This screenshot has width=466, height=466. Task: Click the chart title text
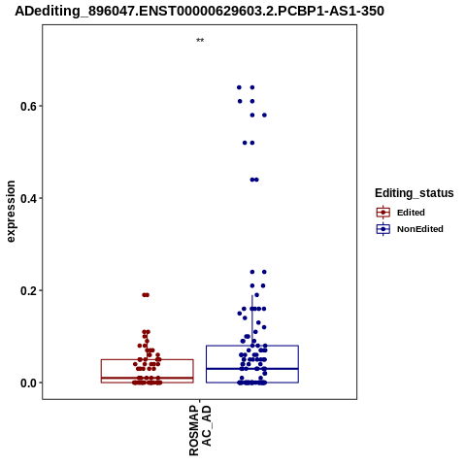[199, 11]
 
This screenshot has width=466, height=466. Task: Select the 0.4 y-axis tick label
[28, 198]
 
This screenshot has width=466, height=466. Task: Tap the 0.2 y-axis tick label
[28, 290]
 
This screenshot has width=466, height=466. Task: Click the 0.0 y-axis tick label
[28, 383]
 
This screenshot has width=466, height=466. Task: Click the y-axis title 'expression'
[11, 212]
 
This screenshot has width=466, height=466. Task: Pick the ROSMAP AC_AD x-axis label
[200, 430]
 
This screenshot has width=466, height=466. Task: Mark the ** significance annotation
[200, 41]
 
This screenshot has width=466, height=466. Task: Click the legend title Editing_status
[415, 193]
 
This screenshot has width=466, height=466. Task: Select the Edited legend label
[411, 213]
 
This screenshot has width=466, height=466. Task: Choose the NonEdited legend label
[420, 229]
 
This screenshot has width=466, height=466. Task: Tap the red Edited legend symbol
[383, 213]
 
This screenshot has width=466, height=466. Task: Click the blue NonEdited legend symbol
[383, 229]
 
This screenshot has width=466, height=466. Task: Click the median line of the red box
[148, 378]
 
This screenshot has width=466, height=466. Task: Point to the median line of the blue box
[252, 369]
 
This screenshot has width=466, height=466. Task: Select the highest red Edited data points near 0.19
[146, 295]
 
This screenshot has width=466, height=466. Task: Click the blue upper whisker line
[252, 320]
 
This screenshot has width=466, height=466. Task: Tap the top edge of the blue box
[252, 346]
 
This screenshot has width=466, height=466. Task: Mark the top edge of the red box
[148, 359]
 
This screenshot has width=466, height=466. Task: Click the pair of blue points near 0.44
[254, 180]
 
